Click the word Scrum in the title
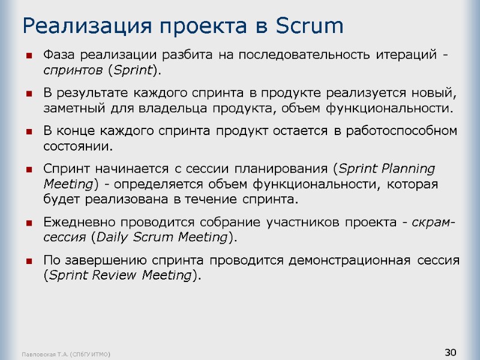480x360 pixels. tap(310, 26)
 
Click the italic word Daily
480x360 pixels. tap(115, 238)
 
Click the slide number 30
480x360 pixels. tap(451, 351)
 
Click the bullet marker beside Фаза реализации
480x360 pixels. tap(29, 56)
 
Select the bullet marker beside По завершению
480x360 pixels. tap(29, 261)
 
